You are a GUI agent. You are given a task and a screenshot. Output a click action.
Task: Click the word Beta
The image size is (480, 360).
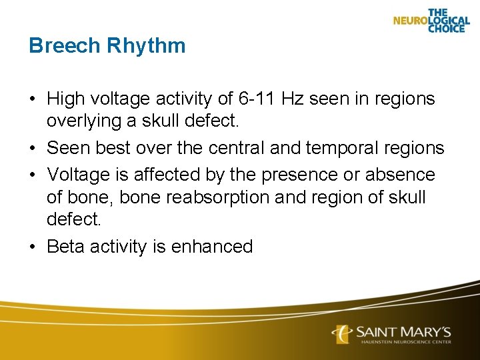coord(66,247)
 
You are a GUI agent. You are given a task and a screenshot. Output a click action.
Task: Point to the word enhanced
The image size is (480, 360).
coord(212,247)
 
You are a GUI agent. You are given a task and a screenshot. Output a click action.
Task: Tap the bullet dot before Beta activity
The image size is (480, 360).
coord(33,247)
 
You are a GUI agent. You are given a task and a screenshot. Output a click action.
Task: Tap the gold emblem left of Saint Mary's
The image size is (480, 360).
coord(343,333)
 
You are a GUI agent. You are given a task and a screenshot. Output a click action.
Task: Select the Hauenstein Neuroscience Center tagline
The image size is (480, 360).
coord(405,342)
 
